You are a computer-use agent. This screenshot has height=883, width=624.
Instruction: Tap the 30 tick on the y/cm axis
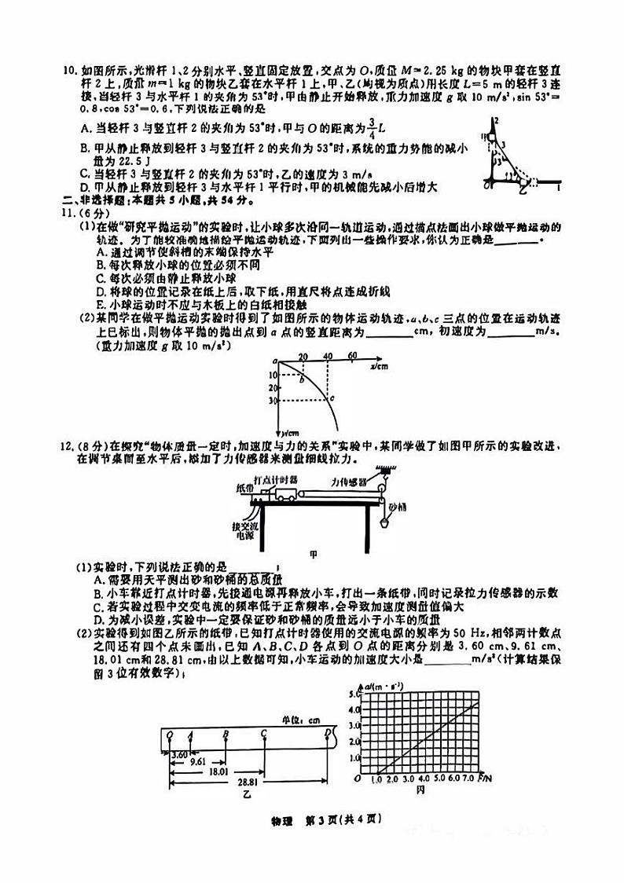click(272, 401)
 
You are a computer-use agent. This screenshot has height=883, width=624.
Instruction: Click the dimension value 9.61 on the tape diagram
click(198, 761)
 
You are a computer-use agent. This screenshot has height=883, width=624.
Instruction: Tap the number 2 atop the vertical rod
click(497, 120)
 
